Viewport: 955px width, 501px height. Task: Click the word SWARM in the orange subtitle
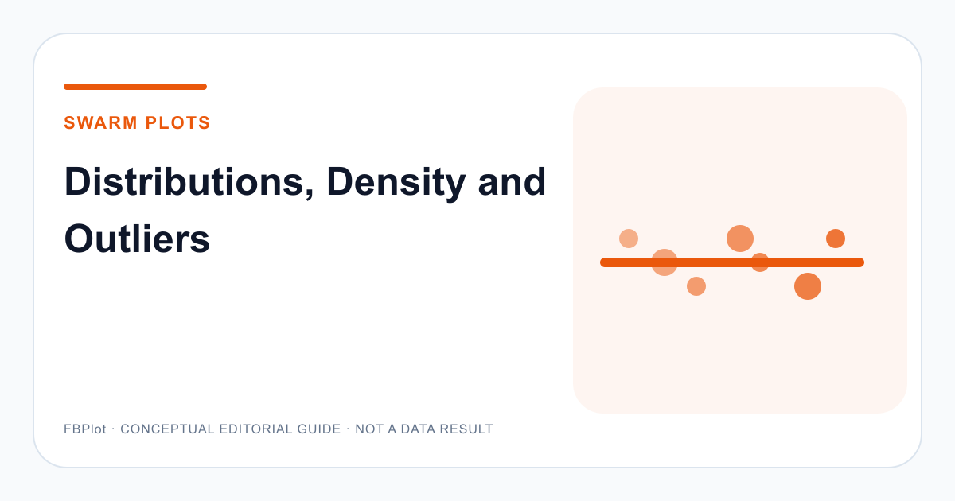point(100,122)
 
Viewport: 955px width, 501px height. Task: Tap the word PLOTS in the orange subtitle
point(177,122)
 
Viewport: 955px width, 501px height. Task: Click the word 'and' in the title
point(512,182)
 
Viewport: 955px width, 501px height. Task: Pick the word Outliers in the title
point(137,239)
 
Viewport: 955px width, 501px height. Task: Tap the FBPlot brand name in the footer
point(85,429)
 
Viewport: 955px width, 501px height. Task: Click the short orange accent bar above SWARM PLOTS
point(135,87)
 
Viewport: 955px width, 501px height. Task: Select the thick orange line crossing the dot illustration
point(732,262)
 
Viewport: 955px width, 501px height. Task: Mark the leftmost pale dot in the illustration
point(629,239)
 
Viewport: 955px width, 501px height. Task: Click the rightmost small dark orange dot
point(836,239)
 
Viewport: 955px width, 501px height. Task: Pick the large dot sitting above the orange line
point(740,239)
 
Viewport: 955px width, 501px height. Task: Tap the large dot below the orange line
point(808,286)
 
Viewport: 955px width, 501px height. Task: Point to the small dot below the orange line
point(696,286)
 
